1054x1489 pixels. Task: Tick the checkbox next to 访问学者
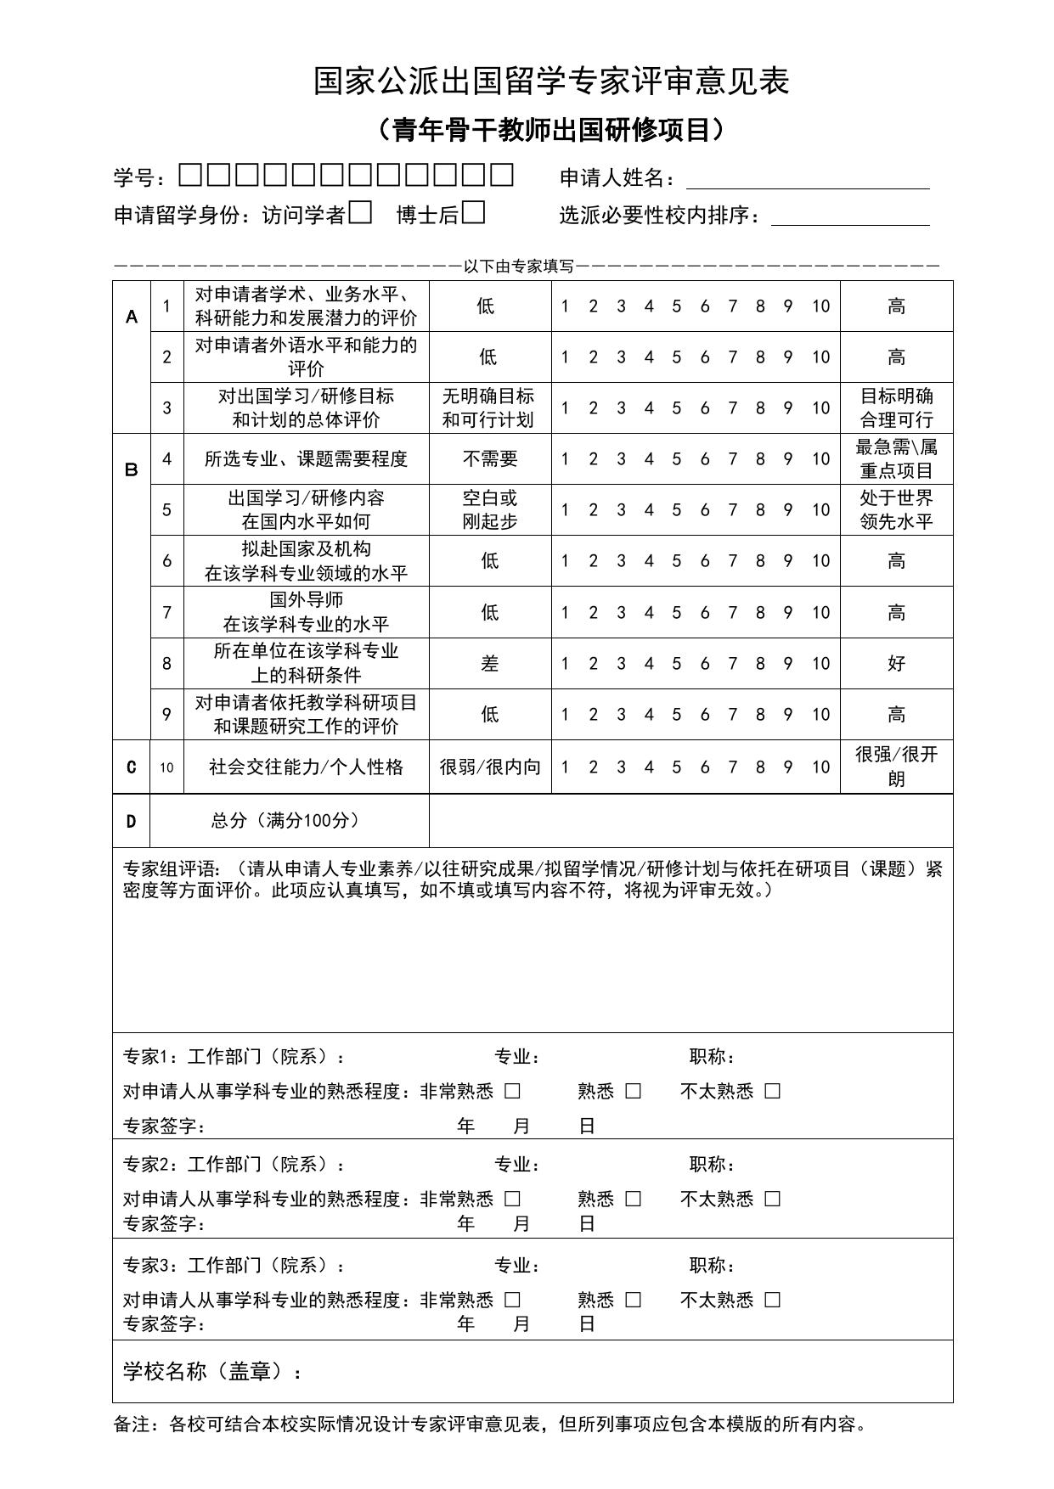[x=361, y=212]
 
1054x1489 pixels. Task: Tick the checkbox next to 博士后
[x=474, y=212]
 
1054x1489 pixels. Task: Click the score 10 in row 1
[x=820, y=306]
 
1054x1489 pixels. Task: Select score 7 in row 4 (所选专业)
[x=732, y=459]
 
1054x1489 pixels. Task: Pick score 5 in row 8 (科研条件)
[x=676, y=664]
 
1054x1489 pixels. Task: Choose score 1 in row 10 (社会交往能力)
[x=565, y=767]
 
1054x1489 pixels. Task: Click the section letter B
[x=132, y=469]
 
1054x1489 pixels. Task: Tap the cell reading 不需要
[x=490, y=459]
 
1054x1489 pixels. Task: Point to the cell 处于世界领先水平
[x=896, y=509]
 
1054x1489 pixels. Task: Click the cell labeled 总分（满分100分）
[x=285, y=820]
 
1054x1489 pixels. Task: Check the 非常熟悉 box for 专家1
[x=512, y=1092]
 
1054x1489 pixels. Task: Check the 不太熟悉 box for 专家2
[x=772, y=1199]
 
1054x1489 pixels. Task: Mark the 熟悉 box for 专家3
[x=634, y=1300]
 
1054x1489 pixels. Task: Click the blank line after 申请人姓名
[x=807, y=180]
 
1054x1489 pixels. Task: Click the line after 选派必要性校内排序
[x=849, y=217]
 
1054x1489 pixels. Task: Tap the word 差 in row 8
[x=490, y=664]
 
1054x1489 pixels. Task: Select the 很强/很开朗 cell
[x=896, y=767]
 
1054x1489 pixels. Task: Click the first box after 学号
[x=191, y=176]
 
